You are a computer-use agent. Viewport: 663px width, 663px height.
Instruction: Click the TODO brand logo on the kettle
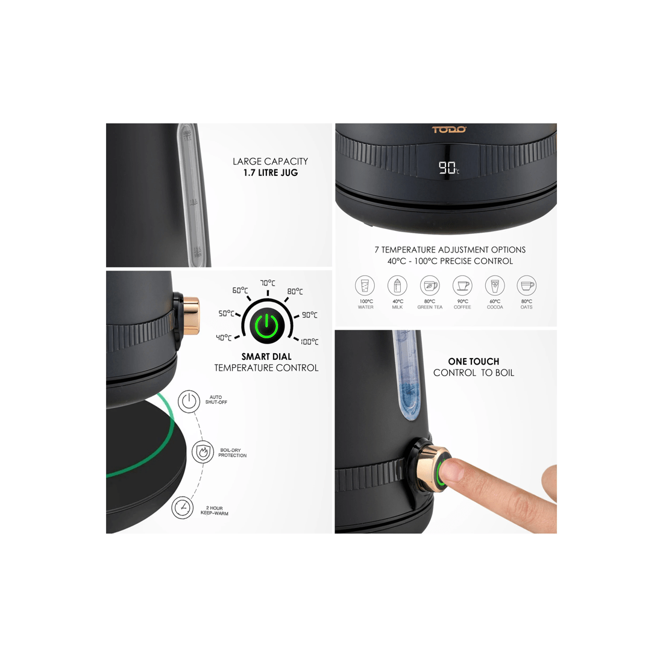coord(449,130)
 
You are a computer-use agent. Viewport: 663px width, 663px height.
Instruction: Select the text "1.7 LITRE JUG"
coord(271,172)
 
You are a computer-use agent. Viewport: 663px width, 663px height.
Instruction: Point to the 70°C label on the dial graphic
coord(268,283)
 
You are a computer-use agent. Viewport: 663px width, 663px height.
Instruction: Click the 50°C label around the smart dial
coord(226,313)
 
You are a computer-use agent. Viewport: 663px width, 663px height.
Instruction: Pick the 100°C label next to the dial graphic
coord(309,342)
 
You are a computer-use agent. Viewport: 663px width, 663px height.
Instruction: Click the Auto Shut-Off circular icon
coord(189,400)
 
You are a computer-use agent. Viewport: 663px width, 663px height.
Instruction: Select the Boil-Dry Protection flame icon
coord(203,451)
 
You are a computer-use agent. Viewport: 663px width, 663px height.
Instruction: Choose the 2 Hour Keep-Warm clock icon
coord(182,507)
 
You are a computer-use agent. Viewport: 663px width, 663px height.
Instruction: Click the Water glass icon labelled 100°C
coord(365,286)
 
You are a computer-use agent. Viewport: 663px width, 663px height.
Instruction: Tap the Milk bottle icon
coord(397,286)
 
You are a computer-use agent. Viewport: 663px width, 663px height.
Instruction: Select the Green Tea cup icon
coord(430,286)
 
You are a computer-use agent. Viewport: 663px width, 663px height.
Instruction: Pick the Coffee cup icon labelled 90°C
coord(462,286)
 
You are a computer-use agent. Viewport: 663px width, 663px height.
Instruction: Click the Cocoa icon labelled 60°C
coord(494,286)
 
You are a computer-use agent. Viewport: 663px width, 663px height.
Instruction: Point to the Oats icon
coord(527,286)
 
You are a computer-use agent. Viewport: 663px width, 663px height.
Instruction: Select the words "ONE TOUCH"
coord(473,362)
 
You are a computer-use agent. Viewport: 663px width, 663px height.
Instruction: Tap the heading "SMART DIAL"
coord(266,357)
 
